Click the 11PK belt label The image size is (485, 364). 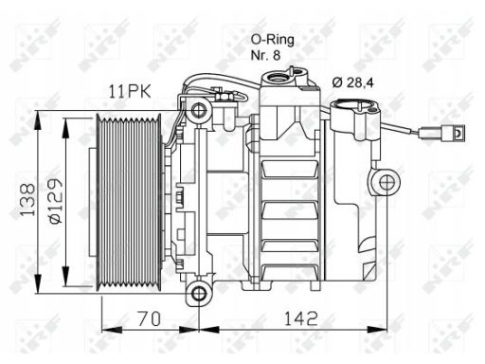click(130, 91)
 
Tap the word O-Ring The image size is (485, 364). click(272, 40)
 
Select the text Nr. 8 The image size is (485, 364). click(265, 55)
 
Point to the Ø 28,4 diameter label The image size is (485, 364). click(352, 82)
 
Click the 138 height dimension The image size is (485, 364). click(27, 199)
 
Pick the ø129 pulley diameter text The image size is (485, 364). click(56, 201)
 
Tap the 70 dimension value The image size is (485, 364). click(150, 318)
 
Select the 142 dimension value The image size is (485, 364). click(301, 318)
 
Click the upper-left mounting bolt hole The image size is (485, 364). click(199, 110)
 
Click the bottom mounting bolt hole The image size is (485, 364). click(199, 294)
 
